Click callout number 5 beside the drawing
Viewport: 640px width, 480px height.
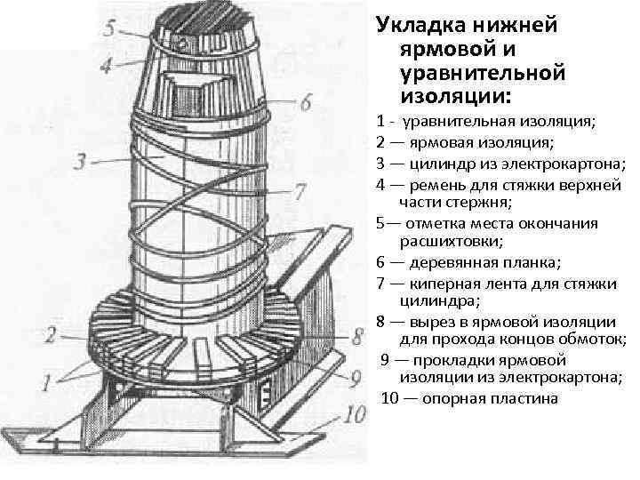click(108, 28)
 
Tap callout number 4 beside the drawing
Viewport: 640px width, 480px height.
click(106, 64)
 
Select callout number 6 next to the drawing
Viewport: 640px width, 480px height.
click(305, 103)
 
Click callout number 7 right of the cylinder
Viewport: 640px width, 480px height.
click(299, 191)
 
